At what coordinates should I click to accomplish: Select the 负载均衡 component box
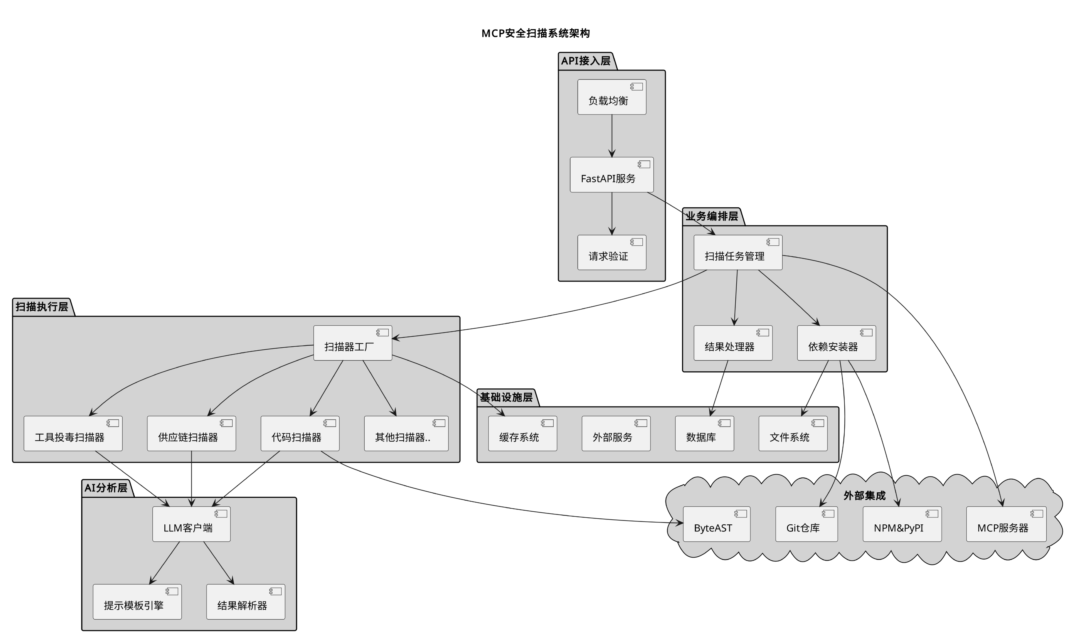pyautogui.click(x=611, y=97)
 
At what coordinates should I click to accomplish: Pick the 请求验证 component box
pyautogui.click(x=611, y=253)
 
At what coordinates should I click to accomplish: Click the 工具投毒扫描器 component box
pyautogui.click(x=73, y=434)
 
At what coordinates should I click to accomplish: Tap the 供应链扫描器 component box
pyautogui.click(x=191, y=434)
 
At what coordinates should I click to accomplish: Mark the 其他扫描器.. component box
pyautogui.click(x=406, y=434)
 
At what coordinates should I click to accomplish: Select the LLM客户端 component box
pyautogui.click(x=191, y=524)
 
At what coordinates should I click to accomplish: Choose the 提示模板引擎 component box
pyautogui.click(x=137, y=602)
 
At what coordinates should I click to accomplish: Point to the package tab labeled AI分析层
pyautogui.click(x=106, y=488)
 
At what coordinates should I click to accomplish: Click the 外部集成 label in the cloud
pyautogui.click(x=864, y=496)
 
